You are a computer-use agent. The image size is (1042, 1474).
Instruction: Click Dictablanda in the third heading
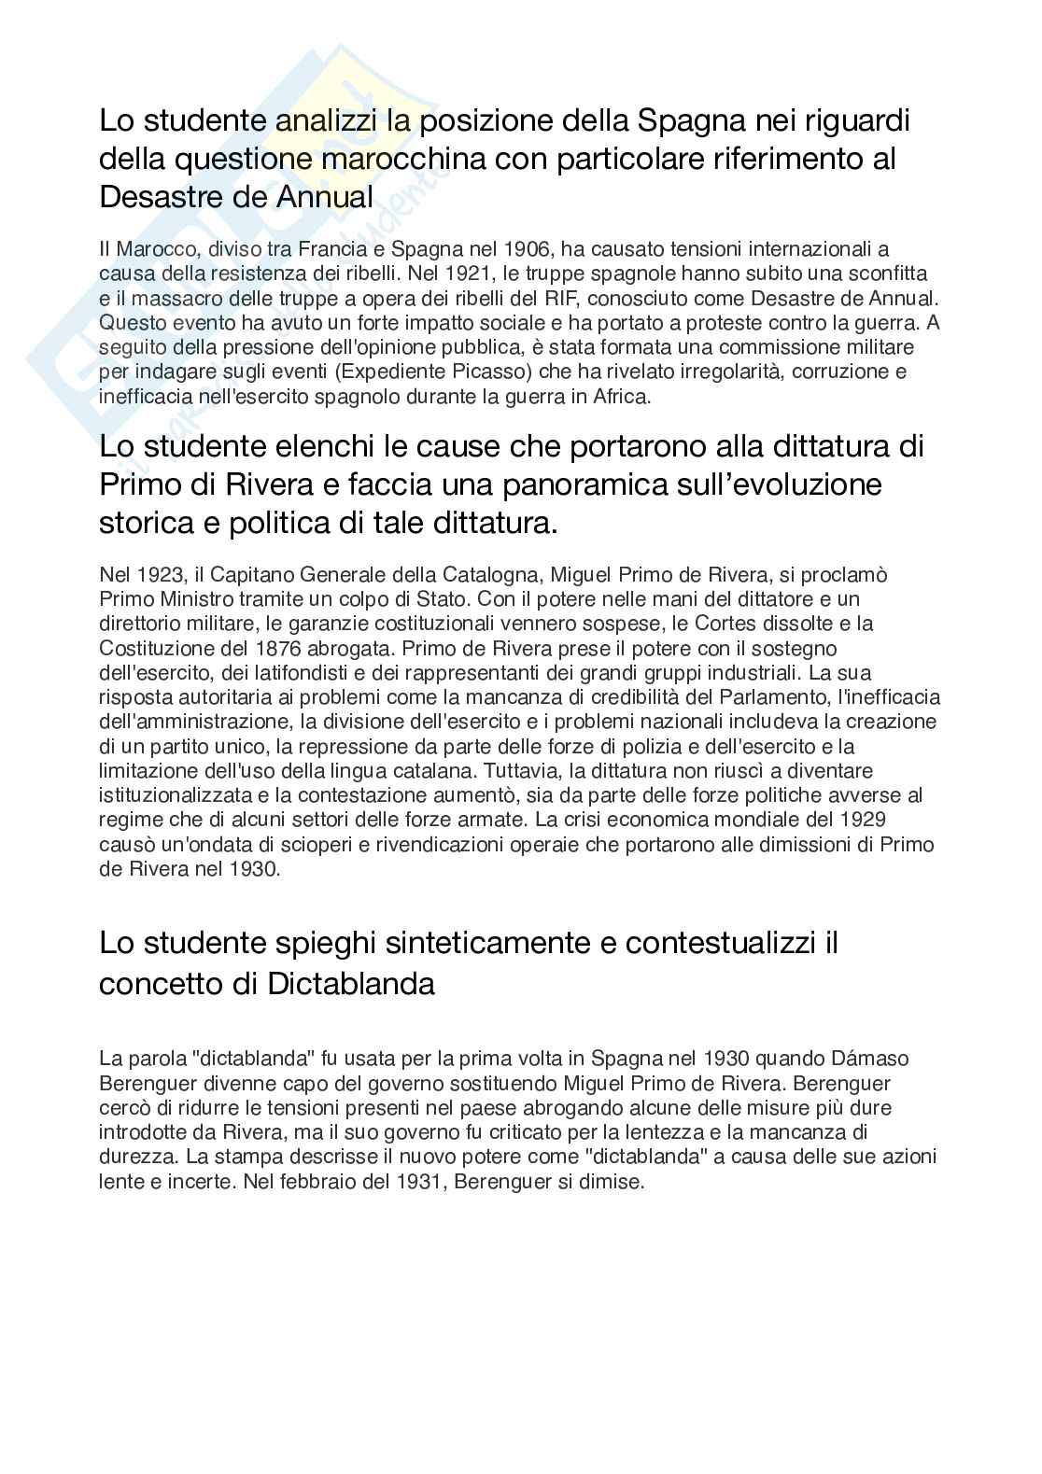tap(351, 984)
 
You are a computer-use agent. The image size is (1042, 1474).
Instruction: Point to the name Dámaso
tap(869, 1059)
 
